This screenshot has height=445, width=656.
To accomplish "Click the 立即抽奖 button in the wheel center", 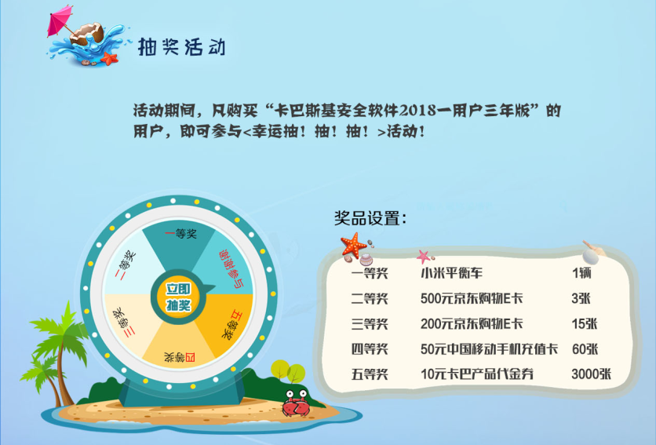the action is [x=179, y=297].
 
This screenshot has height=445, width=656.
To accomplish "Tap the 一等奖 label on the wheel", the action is [x=180, y=234].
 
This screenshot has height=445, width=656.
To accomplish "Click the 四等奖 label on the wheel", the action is [x=180, y=357].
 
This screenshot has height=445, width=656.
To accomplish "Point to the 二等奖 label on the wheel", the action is [x=126, y=265].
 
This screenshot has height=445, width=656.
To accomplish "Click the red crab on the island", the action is [x=296, y=403].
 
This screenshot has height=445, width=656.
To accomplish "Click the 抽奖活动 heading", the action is [x=181, y=46].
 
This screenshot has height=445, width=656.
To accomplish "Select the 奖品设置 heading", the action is [x=370, y=218].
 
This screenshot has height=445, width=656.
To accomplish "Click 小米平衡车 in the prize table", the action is [x=451, y=273].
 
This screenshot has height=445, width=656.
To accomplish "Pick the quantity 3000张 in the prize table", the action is [x=591, y=374].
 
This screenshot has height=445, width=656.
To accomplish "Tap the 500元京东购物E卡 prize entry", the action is [x=472, y=298].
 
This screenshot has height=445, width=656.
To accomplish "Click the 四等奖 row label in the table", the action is [x=370, y=348].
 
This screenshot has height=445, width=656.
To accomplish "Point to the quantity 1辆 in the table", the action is [x=581, y=273].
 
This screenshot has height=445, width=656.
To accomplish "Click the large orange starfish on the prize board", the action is [x=354, y=245].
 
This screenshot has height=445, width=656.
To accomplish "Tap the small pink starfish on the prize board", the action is [x=424, y=256].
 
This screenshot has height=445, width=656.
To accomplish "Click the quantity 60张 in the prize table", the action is [x=585, y=348].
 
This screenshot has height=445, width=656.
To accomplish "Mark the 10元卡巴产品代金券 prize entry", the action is [x=477, y=374].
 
